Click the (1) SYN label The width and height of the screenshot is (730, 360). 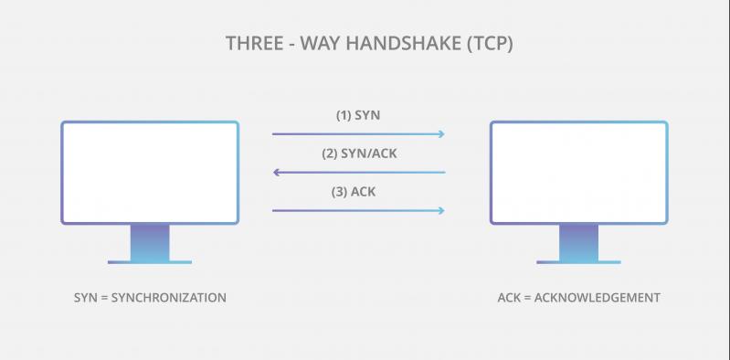[x=359, y=116]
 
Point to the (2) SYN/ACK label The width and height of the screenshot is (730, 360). [x=359, y=154]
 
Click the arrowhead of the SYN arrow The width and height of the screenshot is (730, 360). [x=441, y=134]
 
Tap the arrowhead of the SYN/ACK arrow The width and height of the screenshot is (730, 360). [x=277, y=172]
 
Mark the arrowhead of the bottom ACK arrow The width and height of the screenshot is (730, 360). [x=441, y=211]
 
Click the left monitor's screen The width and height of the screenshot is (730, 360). [x=150, y=172]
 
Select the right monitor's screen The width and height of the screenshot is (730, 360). [x=578, y=172]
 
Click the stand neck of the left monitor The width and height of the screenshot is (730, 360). [x=150, y=242]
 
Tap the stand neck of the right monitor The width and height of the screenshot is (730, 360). [x=578, y=242]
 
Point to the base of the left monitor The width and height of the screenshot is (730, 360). [x=150, y=261]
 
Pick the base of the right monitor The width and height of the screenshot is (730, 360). [x=578, y=261]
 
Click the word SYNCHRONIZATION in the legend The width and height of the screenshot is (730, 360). [x=167, y=298]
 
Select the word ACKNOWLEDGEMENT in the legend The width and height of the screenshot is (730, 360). [x=604, y=298]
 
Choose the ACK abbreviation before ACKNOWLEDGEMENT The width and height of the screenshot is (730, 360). [x=510, y=298]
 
